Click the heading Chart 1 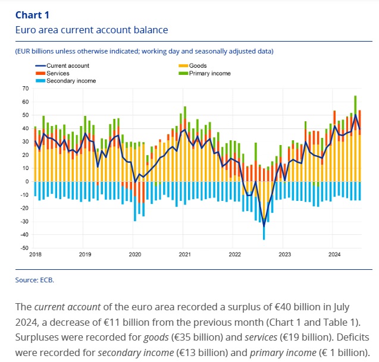(33, 14)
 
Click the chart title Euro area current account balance (92, 30)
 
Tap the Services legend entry (58, 73)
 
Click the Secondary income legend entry (71, 80)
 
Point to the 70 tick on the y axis (25, 88)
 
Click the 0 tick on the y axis (27, 181)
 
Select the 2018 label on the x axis (35, 254)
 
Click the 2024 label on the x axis (335, 254)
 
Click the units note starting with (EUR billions (145, 51)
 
